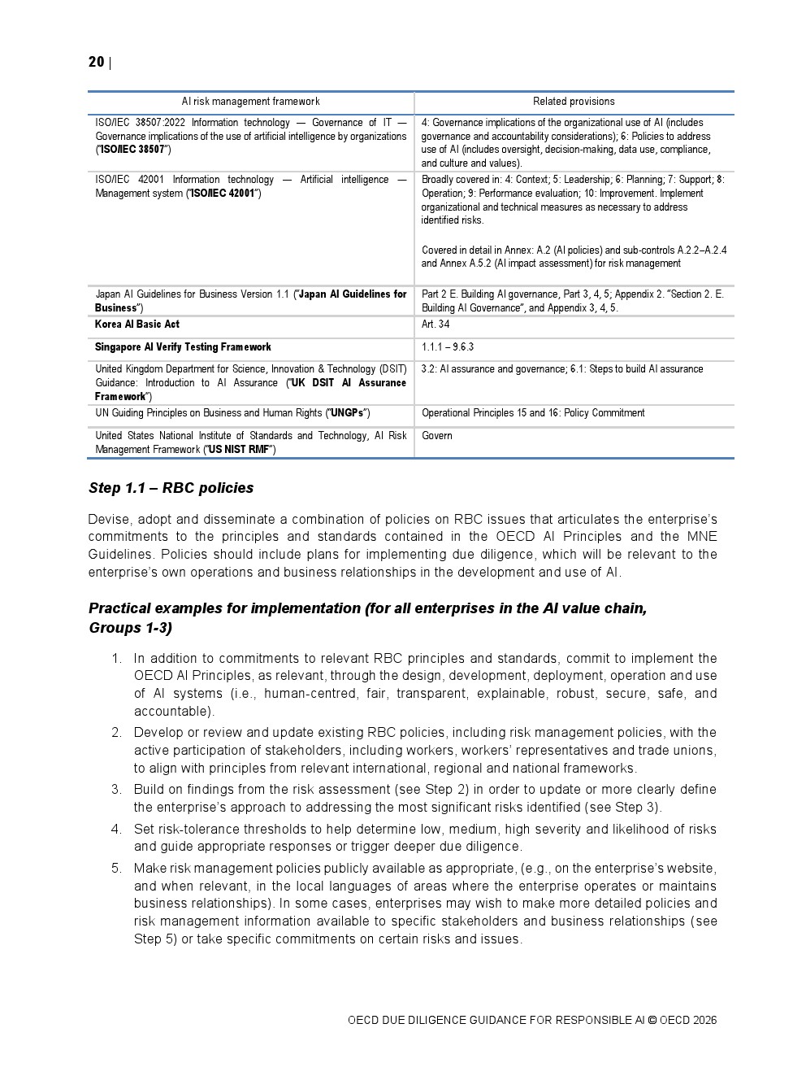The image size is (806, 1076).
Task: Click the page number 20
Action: pyautogui.click(x=96, y=62)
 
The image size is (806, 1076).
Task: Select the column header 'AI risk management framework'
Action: pyautogui.click(x=250, y=102)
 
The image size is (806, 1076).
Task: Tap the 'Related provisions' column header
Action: pyautogui.click(x=574, y=102)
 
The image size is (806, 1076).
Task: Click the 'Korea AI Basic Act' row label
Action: pyautogui.click(x=137, y=325)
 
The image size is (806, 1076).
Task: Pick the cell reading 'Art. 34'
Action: pyautogui.click(x=435, y=325)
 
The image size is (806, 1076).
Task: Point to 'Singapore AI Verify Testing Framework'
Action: pyautogui.click(x=183, y=347)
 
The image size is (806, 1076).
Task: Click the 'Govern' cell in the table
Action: pyautogui.click(x=437, y=436)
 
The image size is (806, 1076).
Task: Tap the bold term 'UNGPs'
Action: pyautogui.click(x=347, y=413)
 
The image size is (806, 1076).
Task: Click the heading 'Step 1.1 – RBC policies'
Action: pyautogui.click(x=171, y=488)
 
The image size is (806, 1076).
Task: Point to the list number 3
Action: pyautogui.click(x=116, y=789)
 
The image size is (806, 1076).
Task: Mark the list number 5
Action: pyautogui.click(x=116, y=868)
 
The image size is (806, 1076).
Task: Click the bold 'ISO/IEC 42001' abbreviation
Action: pyautogui.click(x=223, y=194)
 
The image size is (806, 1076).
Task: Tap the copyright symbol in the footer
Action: pyautogui.click(x=652, y=1020)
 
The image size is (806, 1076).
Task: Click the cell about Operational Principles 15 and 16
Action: pyautogui.click(x=533, y=413)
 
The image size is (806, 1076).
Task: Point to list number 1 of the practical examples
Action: pyautogui.click(x=116, y=658)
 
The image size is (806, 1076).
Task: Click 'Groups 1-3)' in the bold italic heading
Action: pyautogui.click(x=130, y=628)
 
